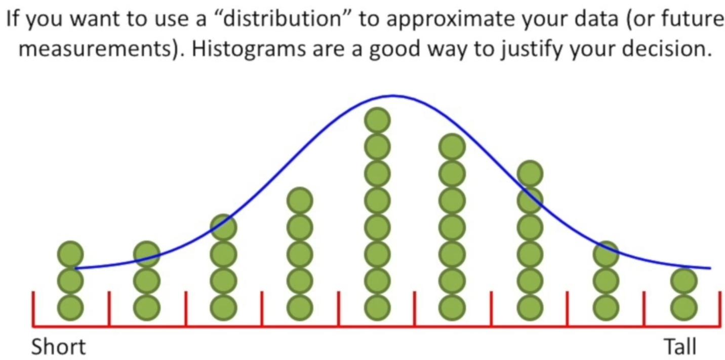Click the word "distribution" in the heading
[282, 18]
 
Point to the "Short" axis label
[59, 347]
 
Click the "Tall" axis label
[680, 347]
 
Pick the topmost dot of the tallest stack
[377, 121]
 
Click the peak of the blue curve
[393, 96]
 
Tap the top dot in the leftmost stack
[70, 255]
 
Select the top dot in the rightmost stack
[684, 281]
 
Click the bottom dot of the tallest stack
[377, 307]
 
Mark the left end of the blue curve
[76, 268]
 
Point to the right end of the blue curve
[710, 268]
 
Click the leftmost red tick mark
[33, 308]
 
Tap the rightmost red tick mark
[720, 308]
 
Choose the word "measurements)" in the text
[98, 49]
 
